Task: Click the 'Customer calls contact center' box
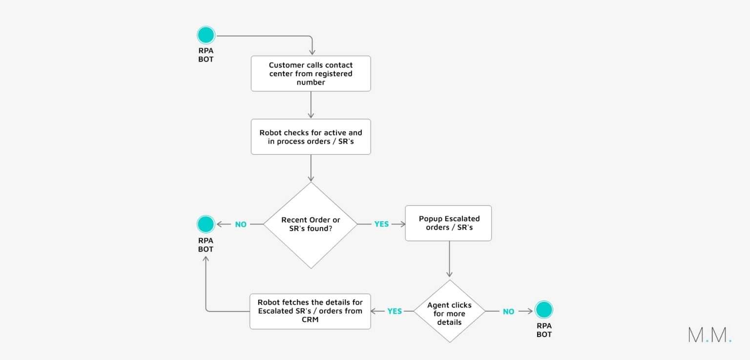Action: [x=311, y=73]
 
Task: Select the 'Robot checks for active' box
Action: [x=311, y=137]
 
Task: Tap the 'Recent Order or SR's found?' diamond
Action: [x=311, y=225]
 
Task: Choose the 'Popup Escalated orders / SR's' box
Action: [x=448, y=223]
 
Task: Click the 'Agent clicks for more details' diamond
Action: [x=449, y=311]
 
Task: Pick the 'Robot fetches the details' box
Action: [x=310, y=311]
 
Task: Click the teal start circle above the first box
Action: [x=206, y=36]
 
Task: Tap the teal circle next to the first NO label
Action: [x=206, y=224]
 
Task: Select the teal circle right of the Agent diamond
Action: [x=543, y=310]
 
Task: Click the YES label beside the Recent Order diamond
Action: [x=381, y=224]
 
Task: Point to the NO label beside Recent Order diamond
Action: [x=241, y=225]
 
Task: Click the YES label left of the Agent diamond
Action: [x=395, y=311]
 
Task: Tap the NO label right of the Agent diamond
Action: [x=508, y=311]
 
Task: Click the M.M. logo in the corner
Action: [x=709, y=335]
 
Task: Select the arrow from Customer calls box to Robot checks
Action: [x=311, y=105]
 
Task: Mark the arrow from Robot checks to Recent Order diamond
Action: [x=311, y=169]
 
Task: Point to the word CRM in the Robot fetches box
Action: [x=310, y=319]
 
